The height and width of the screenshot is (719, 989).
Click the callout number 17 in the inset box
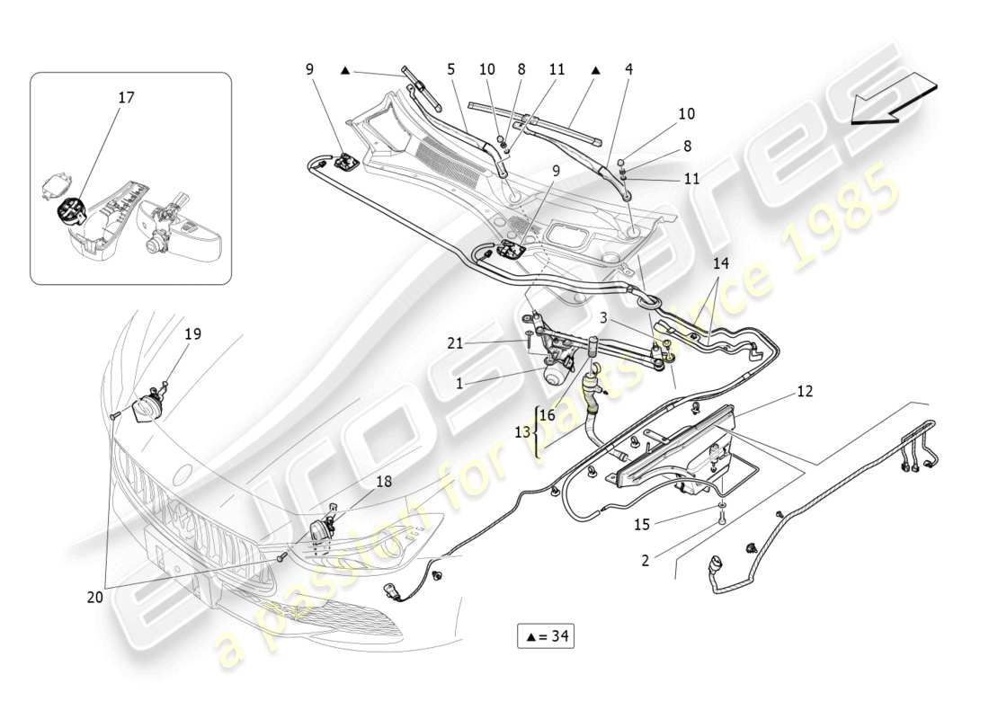(x=126, y=97)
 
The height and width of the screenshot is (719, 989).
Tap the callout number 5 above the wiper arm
(x=450, y=68)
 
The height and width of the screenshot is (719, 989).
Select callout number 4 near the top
(x=628, y=68)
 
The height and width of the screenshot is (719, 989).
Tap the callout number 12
(x=804, y=391)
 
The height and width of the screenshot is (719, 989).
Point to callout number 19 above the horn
(x=192, y=333)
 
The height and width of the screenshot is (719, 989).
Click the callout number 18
(x=383, y=482)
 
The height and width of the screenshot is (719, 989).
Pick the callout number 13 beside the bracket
(x=522, y=432)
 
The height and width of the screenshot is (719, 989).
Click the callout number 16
(x=548, y=415)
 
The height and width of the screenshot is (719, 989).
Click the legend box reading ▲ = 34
(x=545, y=636)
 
